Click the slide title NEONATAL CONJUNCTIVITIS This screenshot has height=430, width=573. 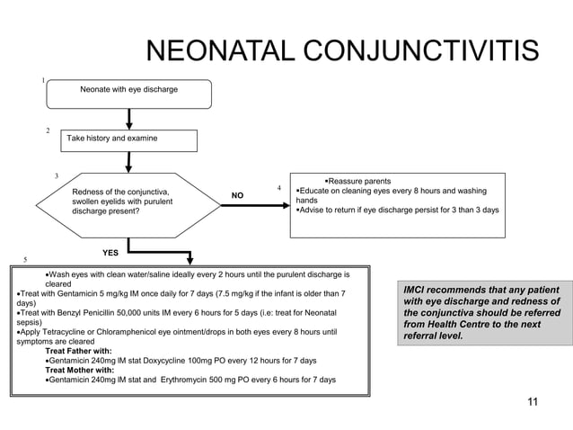(341, 51)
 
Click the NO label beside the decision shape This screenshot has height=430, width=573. (237, 195)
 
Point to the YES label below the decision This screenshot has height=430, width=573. (110, 253)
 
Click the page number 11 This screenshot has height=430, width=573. (532, 401)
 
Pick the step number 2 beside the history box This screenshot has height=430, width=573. (48, 131)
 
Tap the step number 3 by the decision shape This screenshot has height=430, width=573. (57, 175)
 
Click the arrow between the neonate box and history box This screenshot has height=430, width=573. (130, 119)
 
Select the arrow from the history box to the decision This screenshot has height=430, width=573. (130, 162)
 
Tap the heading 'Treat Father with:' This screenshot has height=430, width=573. (80, 351)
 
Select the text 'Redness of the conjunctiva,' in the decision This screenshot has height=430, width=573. (120, 192)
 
